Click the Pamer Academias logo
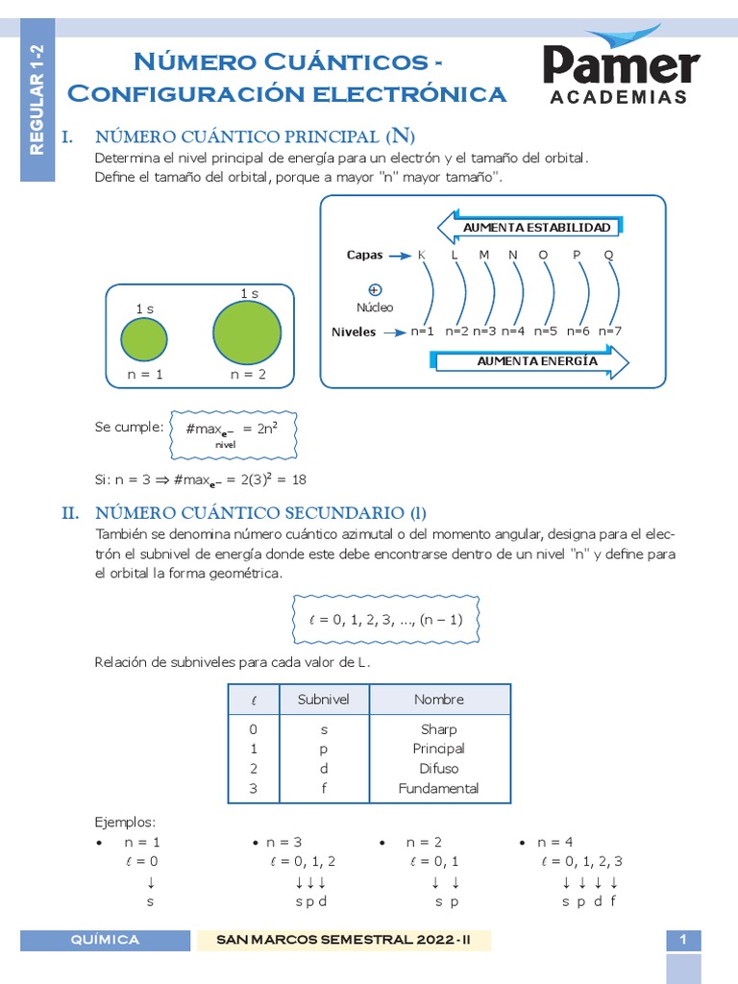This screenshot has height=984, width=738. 621,67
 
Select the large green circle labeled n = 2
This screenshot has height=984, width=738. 247,332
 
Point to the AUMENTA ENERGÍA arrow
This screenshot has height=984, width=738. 531,362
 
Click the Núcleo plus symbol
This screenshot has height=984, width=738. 375,289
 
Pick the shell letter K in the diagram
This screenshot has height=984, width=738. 421,255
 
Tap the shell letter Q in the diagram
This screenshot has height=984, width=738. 608,255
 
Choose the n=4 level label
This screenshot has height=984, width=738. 513,332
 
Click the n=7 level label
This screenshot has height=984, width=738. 610,332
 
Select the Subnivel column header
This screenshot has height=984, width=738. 324,700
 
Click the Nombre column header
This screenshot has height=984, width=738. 439,700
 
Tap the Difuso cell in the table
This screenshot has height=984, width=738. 439,769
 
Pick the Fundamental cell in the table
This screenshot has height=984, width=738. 439,789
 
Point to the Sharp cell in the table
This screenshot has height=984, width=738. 439,729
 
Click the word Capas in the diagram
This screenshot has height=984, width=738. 364,256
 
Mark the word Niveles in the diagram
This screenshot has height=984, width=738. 354,332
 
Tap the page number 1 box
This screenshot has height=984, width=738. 683,941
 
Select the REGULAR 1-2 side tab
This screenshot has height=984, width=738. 37,100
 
